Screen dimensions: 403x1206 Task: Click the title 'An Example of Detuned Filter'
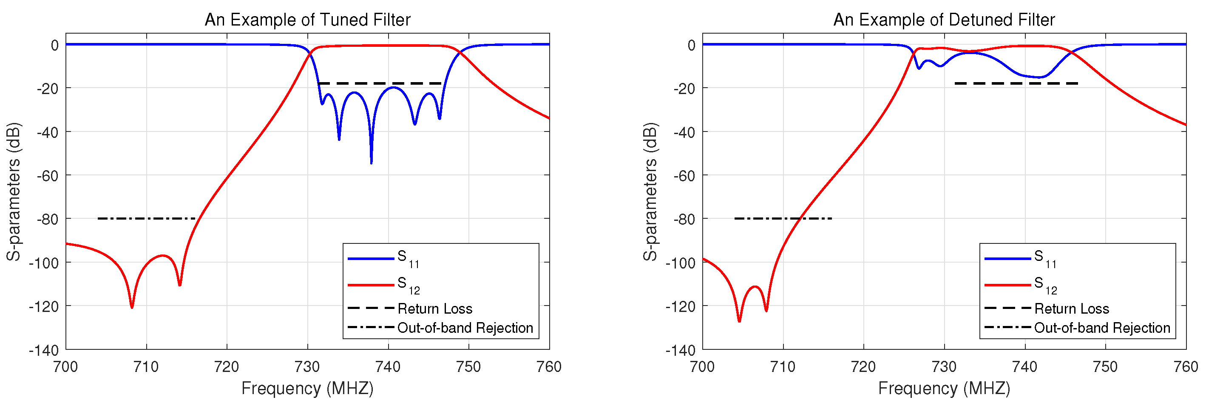coord(943,20)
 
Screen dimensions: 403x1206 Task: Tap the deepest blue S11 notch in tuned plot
coord(371,162)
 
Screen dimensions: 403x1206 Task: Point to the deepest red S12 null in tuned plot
coord(132,306)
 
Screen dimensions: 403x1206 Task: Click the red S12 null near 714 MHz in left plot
coord(180,284)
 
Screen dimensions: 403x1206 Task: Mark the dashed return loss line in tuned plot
coord(379,83)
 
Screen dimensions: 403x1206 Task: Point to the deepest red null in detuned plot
coord(739,320)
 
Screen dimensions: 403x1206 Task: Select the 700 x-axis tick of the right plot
coord(702,366)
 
